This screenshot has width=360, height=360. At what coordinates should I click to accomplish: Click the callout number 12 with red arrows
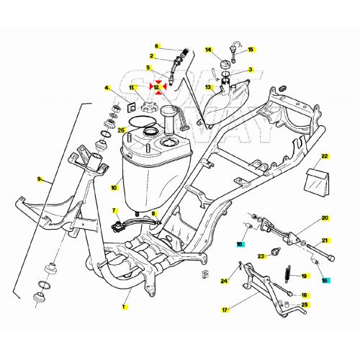[x=157, y=88]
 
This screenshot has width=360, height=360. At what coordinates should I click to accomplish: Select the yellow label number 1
[x=123, y=307]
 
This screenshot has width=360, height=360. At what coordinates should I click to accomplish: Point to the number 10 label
[x=114, y=189]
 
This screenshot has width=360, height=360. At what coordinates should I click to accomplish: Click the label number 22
[x=324, y=156]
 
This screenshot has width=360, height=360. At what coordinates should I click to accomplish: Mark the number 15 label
[x=251, y=50]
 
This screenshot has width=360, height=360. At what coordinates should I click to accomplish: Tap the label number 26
[x=122, y=130]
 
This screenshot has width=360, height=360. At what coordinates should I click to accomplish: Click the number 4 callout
[x=107, y=89]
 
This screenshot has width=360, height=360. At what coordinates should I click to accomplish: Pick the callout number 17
[x=225, y=310]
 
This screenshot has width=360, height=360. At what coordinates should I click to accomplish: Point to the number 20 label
[x=324, y=217]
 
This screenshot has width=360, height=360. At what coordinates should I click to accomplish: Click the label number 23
[x=262, y=256]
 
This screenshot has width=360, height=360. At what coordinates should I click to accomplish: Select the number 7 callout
[x=114, y=210]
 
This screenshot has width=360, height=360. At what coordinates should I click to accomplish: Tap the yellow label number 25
[x=305, y=305]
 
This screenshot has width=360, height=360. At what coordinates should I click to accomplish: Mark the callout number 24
[x=224, y=282]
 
